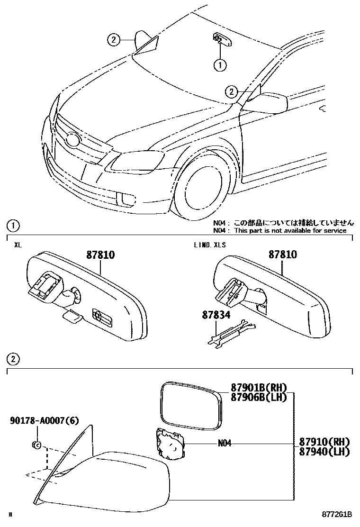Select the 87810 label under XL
[100, 255]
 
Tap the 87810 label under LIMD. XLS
[283, 255]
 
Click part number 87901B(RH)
[259, 388]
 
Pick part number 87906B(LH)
[259, 397]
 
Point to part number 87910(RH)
[324, 442]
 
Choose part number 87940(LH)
[324, 451]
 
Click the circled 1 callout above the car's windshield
[220, 65]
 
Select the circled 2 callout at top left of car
[113, 40]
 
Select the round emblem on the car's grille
[72, 140]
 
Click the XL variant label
[18, 245]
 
